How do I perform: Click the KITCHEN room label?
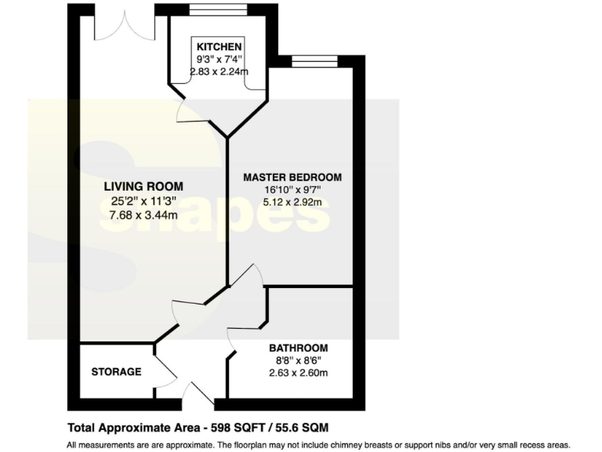pyautogui.click(x=219, y=47)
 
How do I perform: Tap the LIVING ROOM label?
pyautogui.click(x=143, y=187)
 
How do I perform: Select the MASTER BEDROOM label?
pyautogui.click(x=292, y=177)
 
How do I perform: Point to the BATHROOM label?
pyautogui.click(x=298, y=348)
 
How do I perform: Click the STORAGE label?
pyautogui.click(x=116, y=371)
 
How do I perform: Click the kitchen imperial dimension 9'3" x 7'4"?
pyautogui.click(x=219, y=60)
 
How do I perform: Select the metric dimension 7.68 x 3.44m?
pyautogui.click(x=143, y=214)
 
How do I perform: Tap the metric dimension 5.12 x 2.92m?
pyautogui.click(x=292, y=202)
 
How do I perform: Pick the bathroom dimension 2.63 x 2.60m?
pyautogui.click(x=298, y=372)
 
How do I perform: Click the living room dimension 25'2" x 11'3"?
pyautogui.click(x=143, y=201)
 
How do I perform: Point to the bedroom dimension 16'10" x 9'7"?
pyautogui.click(x=292, y=189)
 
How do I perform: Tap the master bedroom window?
pyautogui.click(x=314, y=60)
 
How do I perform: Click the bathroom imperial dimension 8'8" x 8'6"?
pyautogui.click(x=298, y=360)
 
